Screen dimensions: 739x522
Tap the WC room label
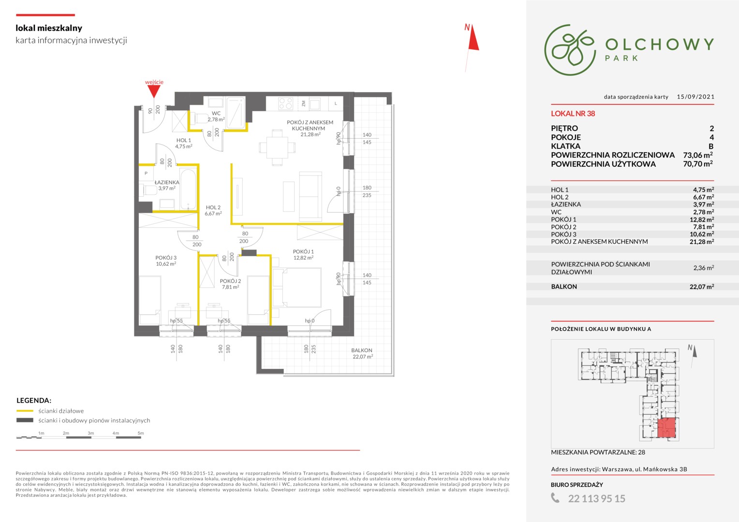point(216,113)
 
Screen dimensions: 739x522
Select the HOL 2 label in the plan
point(213,207)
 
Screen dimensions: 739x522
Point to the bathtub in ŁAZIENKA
point(188,189)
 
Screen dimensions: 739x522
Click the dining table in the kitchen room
point(277,147)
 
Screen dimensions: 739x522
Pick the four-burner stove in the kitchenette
point(285,103)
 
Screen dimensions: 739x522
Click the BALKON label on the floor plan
point(362,350)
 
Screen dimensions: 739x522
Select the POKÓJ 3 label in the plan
point(166,258)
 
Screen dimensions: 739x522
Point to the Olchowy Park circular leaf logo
point(570,50)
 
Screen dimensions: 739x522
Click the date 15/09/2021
point(695,97)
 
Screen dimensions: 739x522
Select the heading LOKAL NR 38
point(573,114)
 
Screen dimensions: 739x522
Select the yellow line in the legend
point(25,411)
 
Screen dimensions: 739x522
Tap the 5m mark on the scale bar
point(141,433)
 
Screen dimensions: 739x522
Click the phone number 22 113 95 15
point(596,499)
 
